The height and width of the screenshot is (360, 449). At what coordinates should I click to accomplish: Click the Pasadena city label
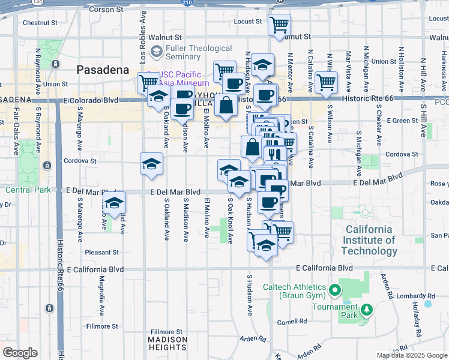tap(103, 70)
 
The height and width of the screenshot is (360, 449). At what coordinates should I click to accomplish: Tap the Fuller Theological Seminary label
tap(191, 52)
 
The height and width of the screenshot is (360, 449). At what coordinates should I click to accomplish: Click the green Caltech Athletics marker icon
tap(335, 291)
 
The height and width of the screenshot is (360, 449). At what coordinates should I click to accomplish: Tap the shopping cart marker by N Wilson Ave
tap(326, 83)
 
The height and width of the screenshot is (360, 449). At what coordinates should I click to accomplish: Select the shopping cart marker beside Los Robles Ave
tap(148, 82)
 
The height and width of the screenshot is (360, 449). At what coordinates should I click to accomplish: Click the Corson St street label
tap(105, 10)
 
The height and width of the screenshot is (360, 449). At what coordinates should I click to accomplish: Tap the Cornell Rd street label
tap(292, 322)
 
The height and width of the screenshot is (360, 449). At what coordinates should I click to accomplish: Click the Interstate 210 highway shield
tap(188, 3)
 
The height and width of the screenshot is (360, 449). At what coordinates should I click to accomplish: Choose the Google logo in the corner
tap(20, 353)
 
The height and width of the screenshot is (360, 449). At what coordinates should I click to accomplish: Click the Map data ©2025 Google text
tap(411, 355)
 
